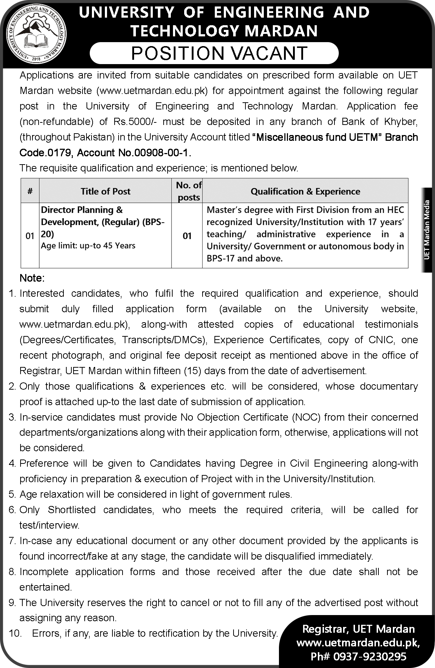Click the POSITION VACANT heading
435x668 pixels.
tap(219, 53)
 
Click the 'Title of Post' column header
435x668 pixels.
tap(105, 191)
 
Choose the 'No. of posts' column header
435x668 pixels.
tap(188, 191)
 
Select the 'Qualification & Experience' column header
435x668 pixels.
tap(305, 191)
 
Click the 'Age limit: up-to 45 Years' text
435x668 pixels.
tap(88, 246)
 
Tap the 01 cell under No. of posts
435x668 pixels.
tap(187, 236)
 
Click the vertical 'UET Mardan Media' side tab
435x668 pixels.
tap(427, 229)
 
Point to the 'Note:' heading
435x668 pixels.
tap(32, 278)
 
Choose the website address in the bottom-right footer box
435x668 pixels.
tap(358, 643)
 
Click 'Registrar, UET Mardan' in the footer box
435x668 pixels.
tap(358, 629)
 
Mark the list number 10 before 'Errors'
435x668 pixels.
tap(15, 633)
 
